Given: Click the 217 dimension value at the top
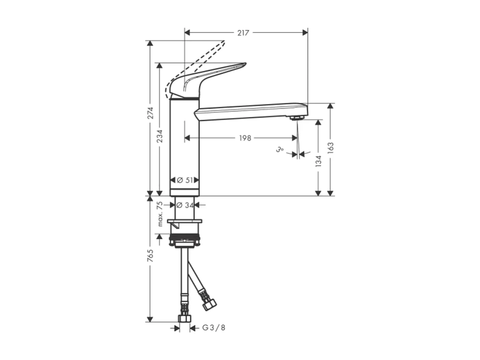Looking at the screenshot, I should click(243, 33).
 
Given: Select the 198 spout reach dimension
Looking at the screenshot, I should click(245, 138).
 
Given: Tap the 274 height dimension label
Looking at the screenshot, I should click(150, 113).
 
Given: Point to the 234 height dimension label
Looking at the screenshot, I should click(160, 136).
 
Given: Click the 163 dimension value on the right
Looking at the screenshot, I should click(330, 148).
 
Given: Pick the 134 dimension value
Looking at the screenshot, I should click(318, 161).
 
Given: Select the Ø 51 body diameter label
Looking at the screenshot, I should click(185, 180).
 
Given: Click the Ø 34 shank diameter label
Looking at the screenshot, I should click(185, 205).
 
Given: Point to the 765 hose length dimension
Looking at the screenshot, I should click(150, 256).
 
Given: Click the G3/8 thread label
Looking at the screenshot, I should click(214, 328).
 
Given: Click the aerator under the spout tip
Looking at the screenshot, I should click(296, 118).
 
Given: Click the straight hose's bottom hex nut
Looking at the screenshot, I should click(185, 318).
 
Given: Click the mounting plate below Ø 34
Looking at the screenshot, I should click(184, 222).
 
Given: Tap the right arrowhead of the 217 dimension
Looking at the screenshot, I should click(305, 32).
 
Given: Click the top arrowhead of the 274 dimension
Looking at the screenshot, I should click(150, 43).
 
